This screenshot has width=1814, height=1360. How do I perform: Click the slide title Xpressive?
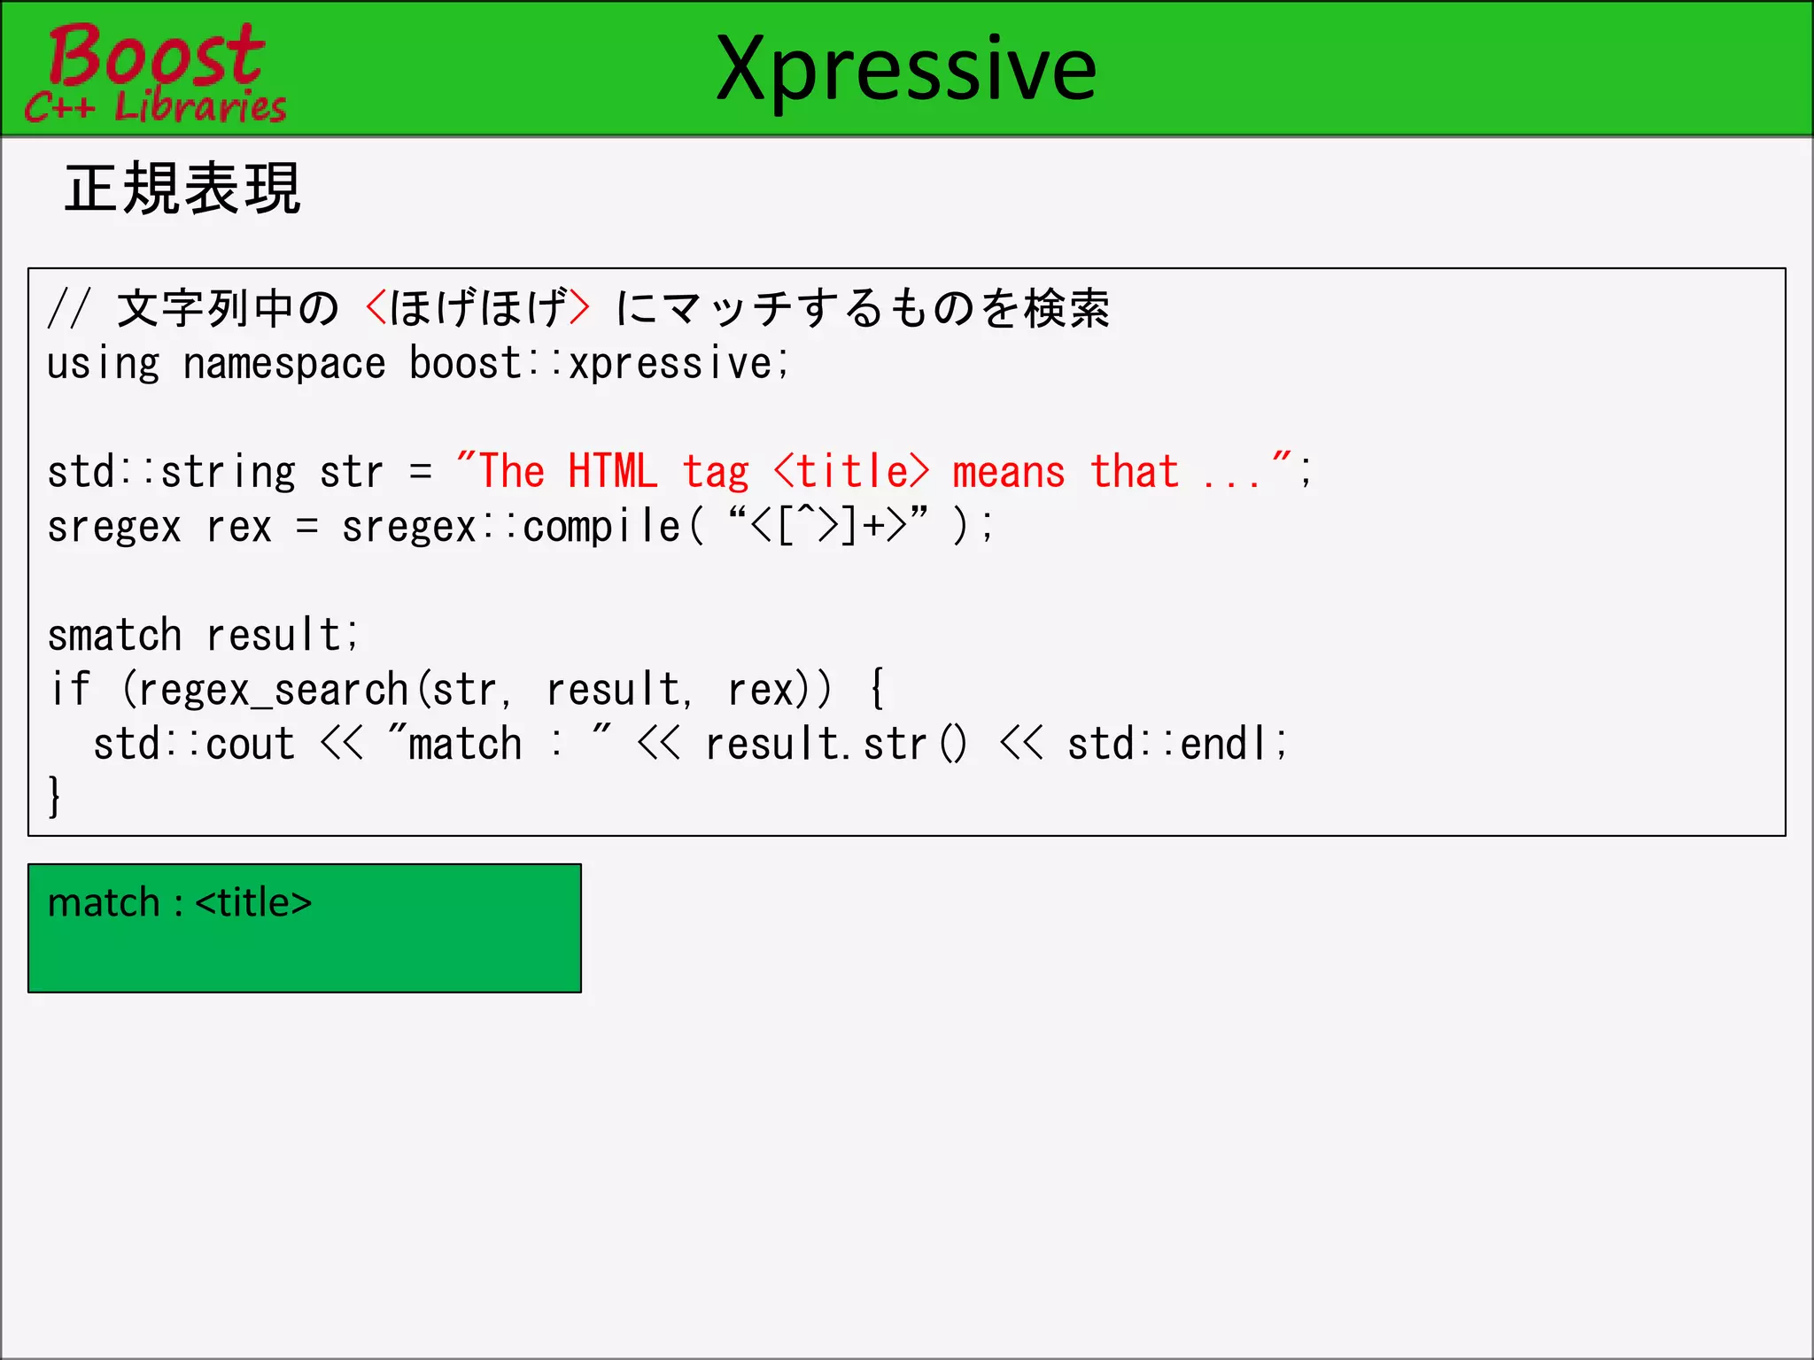point(906,69)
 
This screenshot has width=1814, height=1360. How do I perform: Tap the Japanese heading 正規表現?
point(182,189)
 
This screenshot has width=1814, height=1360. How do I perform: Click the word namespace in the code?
point(283,364)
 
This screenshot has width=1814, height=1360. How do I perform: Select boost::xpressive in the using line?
point(598,364)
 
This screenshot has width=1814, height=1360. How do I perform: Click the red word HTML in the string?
point(612,471)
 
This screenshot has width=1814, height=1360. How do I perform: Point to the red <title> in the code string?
point(851,471)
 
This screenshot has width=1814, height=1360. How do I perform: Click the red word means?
point(1008,471)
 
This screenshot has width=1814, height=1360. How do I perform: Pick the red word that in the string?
point(1134,471)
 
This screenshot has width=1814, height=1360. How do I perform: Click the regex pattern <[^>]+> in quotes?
point(828,526)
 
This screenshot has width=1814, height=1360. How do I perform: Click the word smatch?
point(114,635)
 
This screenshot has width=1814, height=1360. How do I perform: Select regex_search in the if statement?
point(273,690)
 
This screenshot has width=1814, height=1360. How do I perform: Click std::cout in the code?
point(194,744)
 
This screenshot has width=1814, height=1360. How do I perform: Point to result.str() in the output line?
point(836,744)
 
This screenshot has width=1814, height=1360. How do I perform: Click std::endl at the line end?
point(1174,744)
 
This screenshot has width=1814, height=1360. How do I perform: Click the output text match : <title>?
point(180,903)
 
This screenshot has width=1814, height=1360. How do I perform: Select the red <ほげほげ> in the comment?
point(477,308)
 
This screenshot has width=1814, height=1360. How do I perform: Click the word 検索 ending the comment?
point(1066,308)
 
